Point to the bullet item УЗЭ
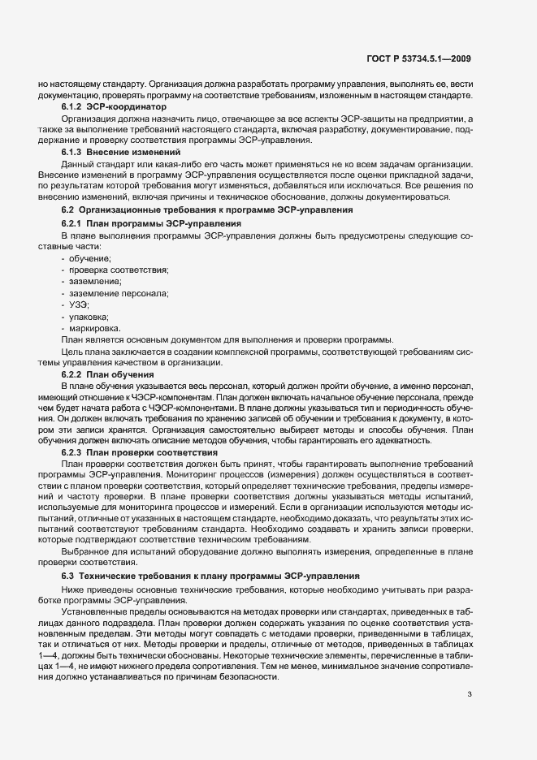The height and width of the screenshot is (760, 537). click(79, 304)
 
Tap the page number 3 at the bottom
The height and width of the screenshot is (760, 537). click(470, 671)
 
